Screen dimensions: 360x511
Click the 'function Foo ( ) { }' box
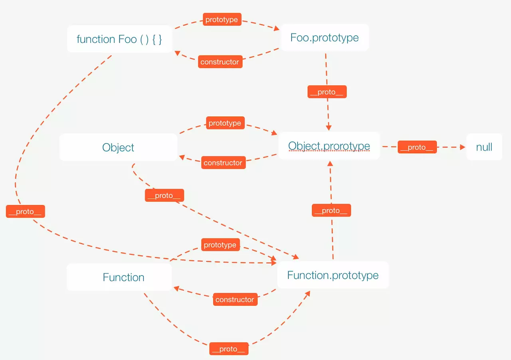pyautogui.click(x=119, y=39)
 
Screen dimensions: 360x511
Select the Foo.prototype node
pyautogui.click(x=324, y=38)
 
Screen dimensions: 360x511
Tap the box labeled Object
pyautogui.click(x=118, y=147)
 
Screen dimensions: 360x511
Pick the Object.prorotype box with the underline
pyautogui.click(x=329, y=146)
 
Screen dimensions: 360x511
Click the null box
pyautogui.click(x=484, y=147)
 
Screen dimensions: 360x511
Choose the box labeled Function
pyautogui.click(x=123, y=277)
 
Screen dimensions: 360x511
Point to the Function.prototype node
pyautogui.click(x=333, y=275)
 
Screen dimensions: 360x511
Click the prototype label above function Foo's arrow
pyautogui.click(x=222, y=20)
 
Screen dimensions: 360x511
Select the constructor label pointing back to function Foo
pyautogui.click(x=220, y=62)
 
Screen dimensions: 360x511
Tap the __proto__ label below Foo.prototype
pyautogui.click(x=327, y=92)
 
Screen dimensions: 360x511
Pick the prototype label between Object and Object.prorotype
pyautogui.click(x=225, y=123)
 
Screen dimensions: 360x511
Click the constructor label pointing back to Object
pyautogui.click(x=223, y=162)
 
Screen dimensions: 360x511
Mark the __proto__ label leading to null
pyautogui.click(x=417, y=147)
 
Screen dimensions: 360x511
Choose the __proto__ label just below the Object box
pyautogui.click(x=164, y=195)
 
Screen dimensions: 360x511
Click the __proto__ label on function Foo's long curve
pyautogui.click(x=25, y=211)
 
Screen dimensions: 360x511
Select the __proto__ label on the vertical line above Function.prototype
pyautogui.click(x=331, y=210)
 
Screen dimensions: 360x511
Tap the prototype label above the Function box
pyautogui.click(x=220, y=245)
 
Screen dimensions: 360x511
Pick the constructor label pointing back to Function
pyautogui.click(x=235, y=299)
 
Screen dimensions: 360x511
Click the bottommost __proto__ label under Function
pyautogui.click(x=229, y=348)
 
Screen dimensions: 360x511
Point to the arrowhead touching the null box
pyautogui.click(x=463, y=147)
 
